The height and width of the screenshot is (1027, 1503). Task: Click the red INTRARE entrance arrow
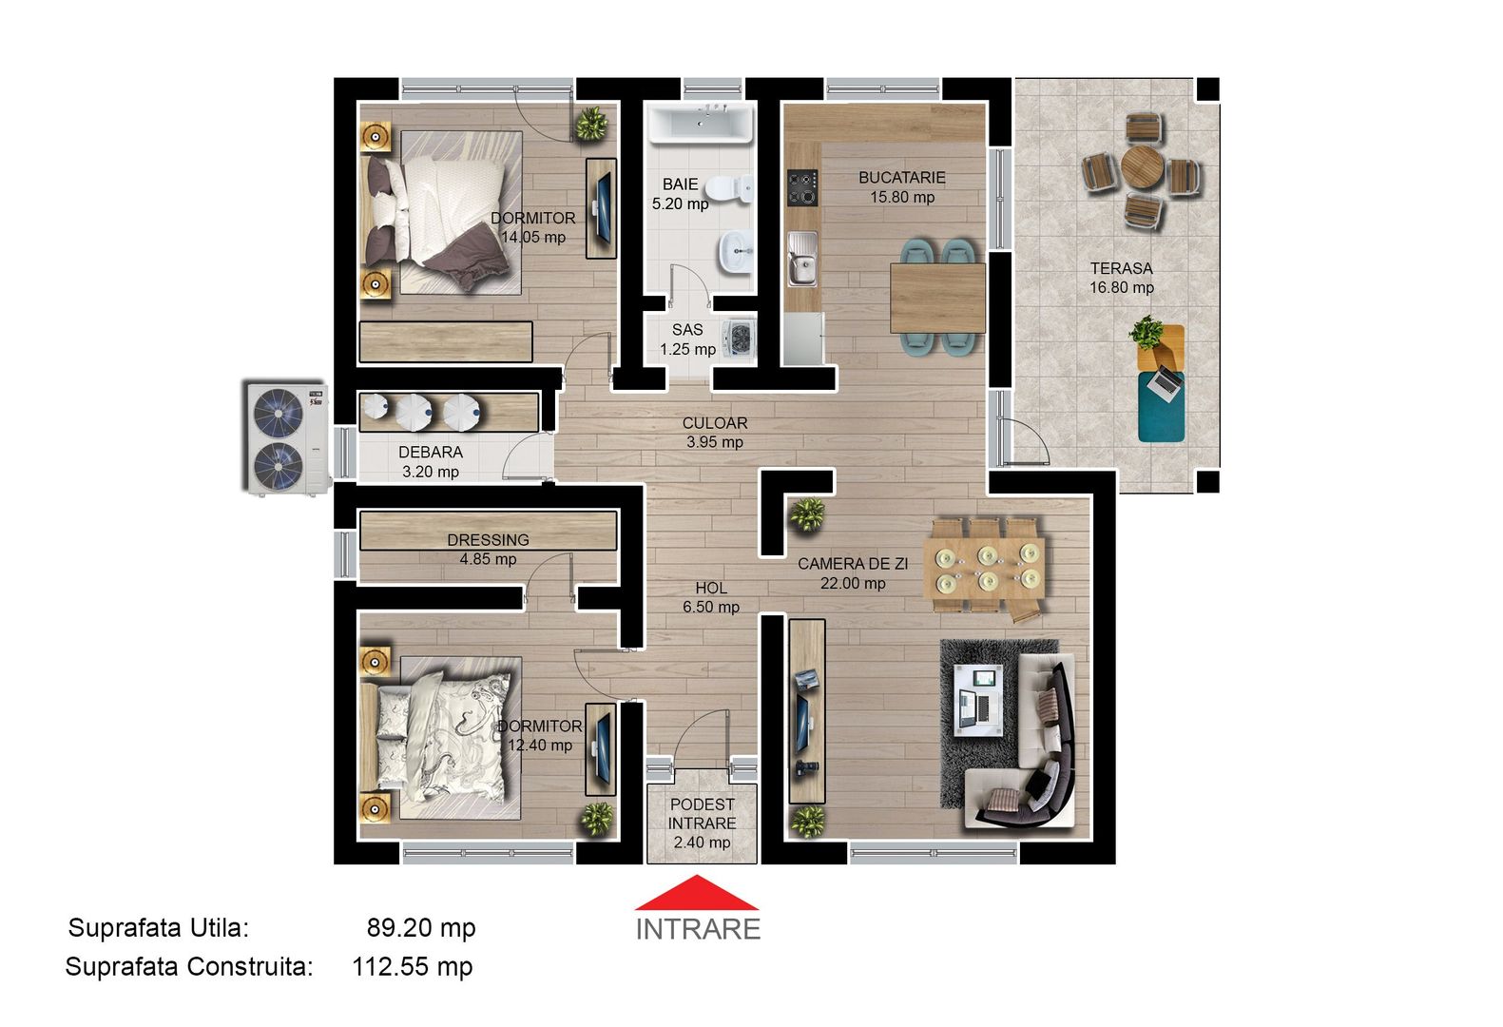[x=697, y=894]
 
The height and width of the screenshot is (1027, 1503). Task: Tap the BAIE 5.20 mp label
[x=680, y=194]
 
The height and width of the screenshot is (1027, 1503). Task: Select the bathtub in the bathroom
[x=701, y=125]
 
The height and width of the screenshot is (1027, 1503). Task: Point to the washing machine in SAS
[x=737, y=339]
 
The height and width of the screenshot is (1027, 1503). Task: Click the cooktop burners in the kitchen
[x=802, y=188]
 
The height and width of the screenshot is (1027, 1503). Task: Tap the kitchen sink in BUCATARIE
[x=802, y=260]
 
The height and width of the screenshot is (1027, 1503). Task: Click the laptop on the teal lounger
[x=1165, y=381]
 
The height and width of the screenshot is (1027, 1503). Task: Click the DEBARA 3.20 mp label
[x=431, y=462]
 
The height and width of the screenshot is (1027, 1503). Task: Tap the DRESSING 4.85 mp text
[x=488, y=549]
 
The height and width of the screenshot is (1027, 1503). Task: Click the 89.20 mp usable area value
[x=421, y=928]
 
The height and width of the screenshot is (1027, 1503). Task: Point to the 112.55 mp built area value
[x=412, y=967]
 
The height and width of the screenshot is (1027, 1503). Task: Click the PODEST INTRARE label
[x=702, y=823]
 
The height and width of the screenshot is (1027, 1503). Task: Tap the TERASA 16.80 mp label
[x=1122, y=278]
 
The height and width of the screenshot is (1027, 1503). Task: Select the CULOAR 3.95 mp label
[x=715, y=432]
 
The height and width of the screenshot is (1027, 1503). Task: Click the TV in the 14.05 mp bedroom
[x=601, y=208]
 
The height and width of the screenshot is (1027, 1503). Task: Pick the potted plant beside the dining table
[x=808, y=514]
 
